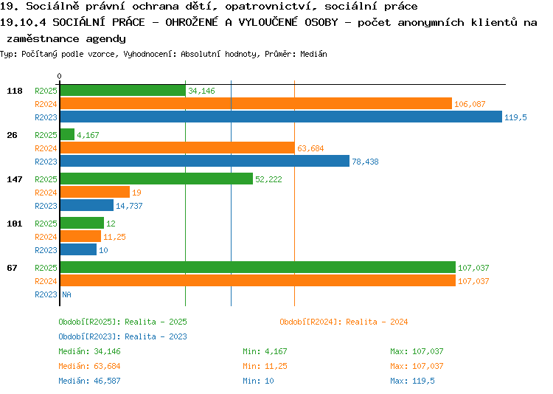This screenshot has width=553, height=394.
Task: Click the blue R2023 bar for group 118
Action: [x=281, y=117]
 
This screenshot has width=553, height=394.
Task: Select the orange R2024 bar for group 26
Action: [x=178, y=148]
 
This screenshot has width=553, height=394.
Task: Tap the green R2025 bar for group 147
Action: [x=156, y=179]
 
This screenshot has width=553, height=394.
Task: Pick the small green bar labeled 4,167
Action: [x=67, y=134]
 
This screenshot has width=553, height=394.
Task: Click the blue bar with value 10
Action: [x=78, y=249]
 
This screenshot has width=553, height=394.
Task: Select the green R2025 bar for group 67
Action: [x=258, y=267]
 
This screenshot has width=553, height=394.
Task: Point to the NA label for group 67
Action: [x=66, y=294]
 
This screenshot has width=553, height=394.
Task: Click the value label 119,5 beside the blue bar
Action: [x=515, y=117]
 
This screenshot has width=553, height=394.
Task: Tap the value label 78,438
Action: [x=366, y=162]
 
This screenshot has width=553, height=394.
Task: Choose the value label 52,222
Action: [x=268, y=179]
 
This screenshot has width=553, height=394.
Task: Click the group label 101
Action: [x=15, y=224]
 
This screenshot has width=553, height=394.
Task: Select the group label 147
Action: [x=15, y=179]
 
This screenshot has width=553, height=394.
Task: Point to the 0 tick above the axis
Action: [x=59, y=76]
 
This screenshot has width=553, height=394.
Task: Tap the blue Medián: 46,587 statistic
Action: [x=89, y=381]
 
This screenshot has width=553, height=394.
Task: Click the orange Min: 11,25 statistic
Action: [x=265, y=366]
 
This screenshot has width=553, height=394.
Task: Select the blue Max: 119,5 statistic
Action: [x=412, y=381]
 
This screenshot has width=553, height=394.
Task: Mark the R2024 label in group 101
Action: [x=46, y=237]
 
